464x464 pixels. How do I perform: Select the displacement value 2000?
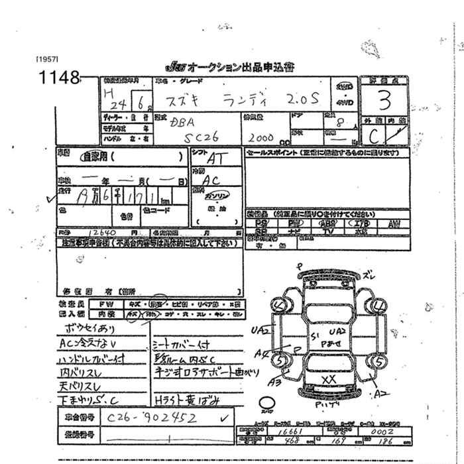pyautogui.click(x=261, y=138)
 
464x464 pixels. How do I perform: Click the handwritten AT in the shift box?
pyautogui.click(x=215, y=159)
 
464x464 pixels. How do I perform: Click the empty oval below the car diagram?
pyautogui.click(x=266, y=402)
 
